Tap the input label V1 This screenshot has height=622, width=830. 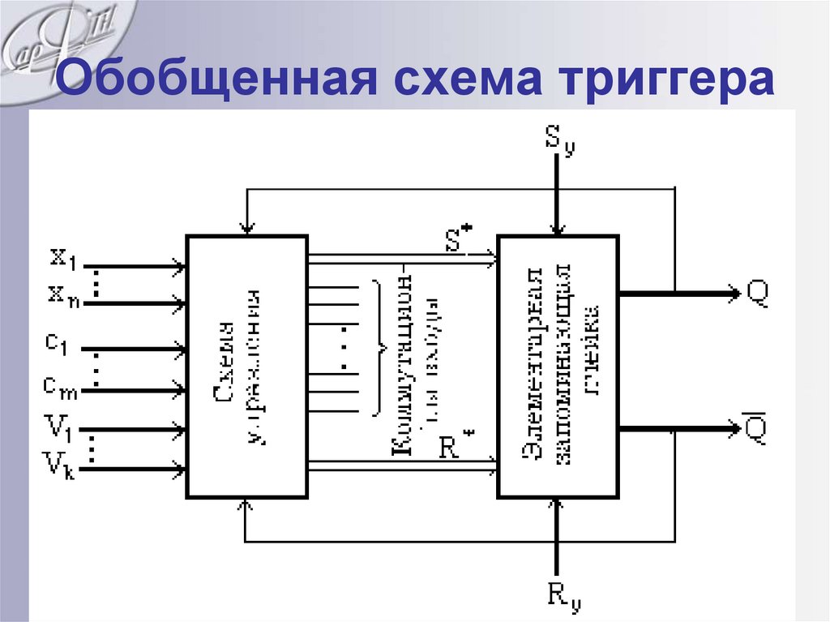pos(58,425)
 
